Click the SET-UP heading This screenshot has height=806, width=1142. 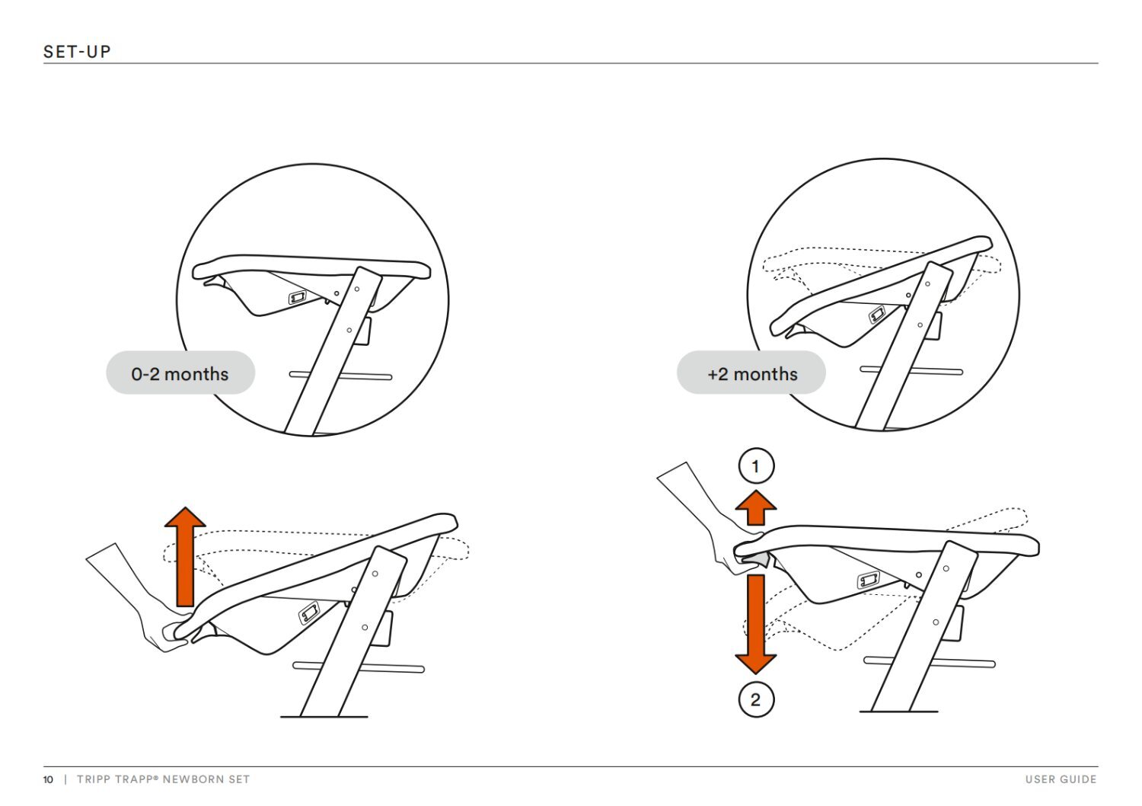(x=77, y=52)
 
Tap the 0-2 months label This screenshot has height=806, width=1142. (x=180, y=373)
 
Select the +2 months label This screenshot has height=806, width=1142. (x=751, y=373)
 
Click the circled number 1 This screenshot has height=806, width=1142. (x=755, y=466)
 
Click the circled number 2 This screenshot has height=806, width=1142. (x=755, y=699)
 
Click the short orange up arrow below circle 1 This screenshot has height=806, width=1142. (x=755, y=507)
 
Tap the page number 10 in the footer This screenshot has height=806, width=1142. (x=49, y=779)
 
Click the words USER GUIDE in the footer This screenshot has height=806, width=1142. (x=1061, y=779)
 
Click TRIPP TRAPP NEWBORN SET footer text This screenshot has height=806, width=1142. (x=163, y=779)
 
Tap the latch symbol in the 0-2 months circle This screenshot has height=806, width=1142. (x=298, y=296)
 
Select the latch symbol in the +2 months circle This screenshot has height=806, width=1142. (x=877, y=313)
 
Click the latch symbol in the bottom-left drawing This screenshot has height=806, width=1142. (x=308, y=612)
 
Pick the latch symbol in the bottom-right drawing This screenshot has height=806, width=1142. (x=869, y=581)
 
